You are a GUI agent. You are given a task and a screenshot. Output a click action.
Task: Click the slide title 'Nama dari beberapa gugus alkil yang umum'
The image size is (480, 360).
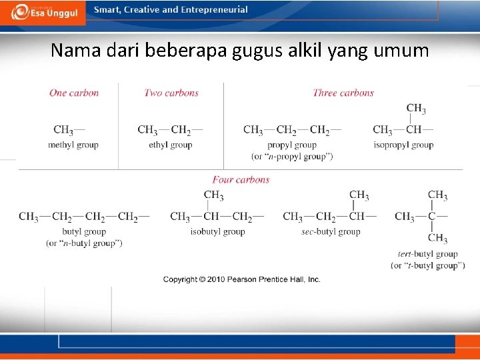tap(240, 51)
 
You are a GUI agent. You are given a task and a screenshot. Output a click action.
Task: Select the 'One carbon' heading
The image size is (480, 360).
tap(74, 93)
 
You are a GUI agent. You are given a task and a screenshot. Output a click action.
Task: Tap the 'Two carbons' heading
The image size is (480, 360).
tap(171, 93)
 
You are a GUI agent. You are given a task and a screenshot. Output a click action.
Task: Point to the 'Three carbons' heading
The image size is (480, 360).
tap(343, 93)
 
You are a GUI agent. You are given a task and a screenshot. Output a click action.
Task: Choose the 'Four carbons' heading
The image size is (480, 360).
tap(241, 179)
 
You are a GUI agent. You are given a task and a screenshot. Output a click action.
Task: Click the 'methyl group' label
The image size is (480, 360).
tap(73, 145)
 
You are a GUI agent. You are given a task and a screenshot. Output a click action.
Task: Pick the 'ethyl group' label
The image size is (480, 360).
tap(171, 145)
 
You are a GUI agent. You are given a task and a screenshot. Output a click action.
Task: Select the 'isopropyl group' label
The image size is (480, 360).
tap(403, 145)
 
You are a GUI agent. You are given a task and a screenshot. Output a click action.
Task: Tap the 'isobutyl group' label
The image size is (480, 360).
tap(217, 231)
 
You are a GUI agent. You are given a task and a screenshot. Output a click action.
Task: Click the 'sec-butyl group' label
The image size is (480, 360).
tap(331, 231)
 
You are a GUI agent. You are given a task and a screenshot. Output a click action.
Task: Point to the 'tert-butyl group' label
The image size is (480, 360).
tap(427, 253)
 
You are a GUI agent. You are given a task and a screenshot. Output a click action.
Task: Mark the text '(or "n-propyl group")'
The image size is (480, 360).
tap(292, 156)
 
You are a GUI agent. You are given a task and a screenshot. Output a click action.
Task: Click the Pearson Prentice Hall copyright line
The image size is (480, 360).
tap(242, 279)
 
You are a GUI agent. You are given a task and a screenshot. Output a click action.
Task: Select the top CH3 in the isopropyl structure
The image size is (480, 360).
tap(416, 108)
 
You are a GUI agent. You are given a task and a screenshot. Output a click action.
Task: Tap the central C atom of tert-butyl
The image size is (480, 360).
tap(432, 217)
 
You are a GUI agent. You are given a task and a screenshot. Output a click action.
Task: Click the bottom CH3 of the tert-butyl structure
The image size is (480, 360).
tap(438, 238)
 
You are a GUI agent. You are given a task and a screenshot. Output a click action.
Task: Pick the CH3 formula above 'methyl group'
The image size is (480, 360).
tap(64, 130)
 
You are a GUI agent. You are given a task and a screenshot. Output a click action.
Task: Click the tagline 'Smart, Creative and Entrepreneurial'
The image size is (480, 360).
tap(171, 10)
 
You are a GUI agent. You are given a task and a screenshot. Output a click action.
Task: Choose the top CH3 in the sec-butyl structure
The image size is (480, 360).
tap(359, 195)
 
